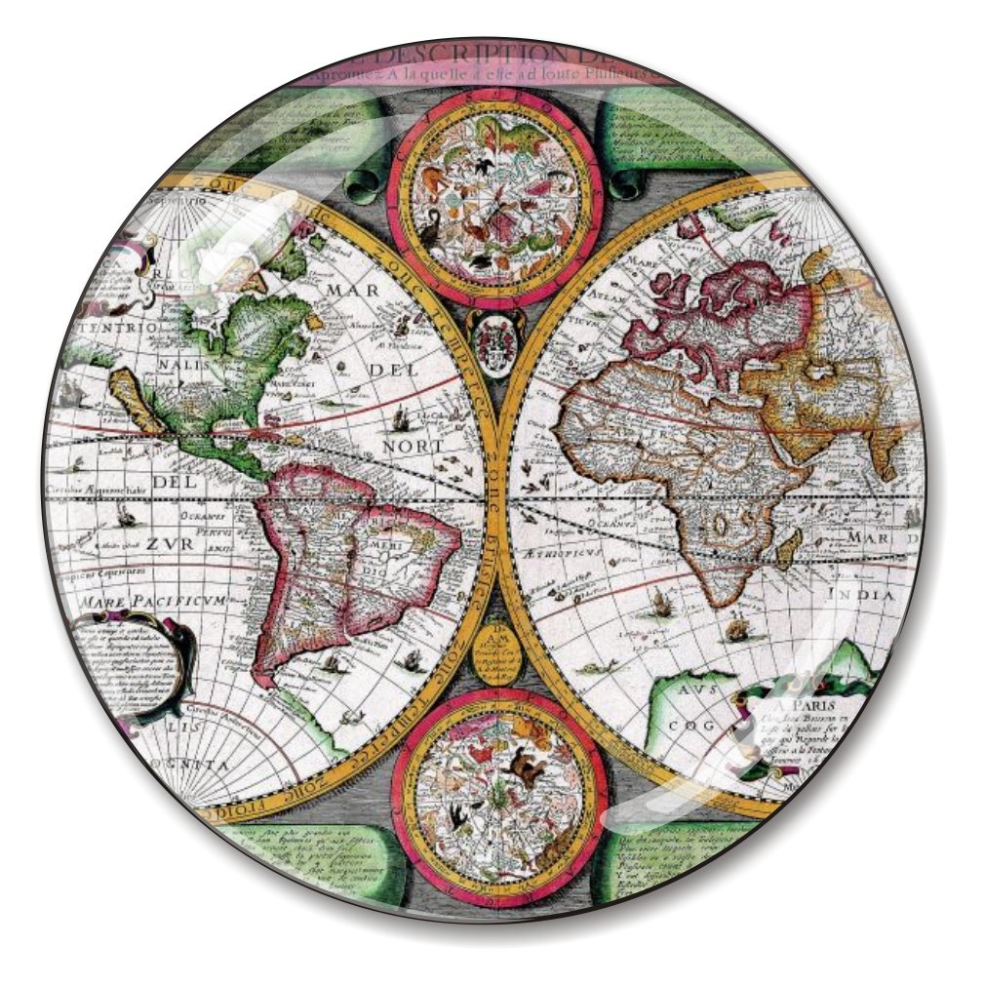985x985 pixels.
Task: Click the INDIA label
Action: (859, 594)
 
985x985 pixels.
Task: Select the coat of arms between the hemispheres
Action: (492, 336)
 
